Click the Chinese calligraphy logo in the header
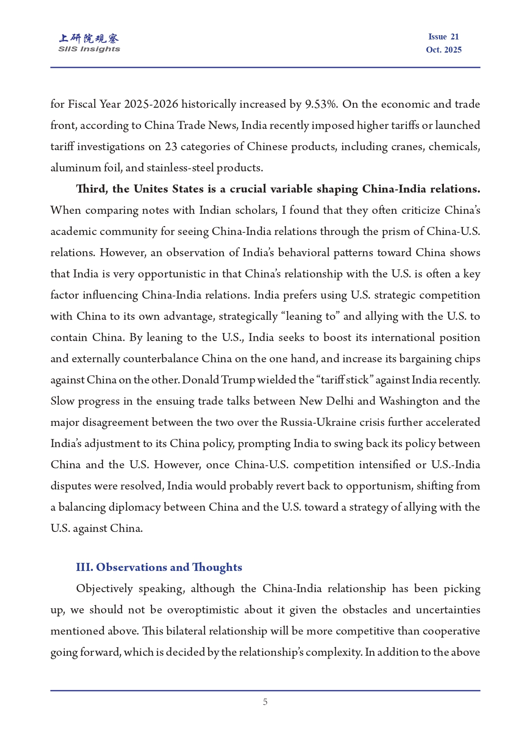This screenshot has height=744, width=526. point(89,39)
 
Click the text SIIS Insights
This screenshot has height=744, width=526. point(89,49)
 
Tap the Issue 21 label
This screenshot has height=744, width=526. point(443,37)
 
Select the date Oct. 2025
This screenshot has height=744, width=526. point(443,50)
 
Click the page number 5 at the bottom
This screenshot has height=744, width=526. point(265,702)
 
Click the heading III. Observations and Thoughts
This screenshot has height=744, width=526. point(159,568)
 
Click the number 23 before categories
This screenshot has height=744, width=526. point(171,147)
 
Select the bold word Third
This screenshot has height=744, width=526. point(91,189)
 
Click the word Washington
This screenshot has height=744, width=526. point(409,401)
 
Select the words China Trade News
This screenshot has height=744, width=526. point(190,126)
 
